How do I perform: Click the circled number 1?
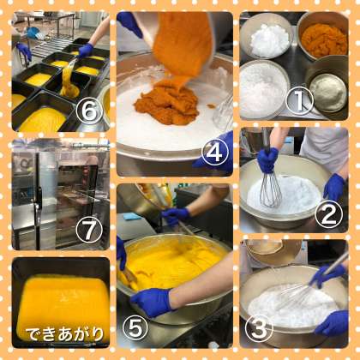[x=299, y=100]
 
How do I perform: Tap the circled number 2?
[x=328, y=215]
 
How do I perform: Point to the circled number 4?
[x=215, y=153]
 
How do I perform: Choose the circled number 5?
[x=135, y=327]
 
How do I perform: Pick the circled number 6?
[x=89, y=111]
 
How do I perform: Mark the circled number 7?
[x=89, y=231]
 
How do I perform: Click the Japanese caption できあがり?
[x=64, y=333]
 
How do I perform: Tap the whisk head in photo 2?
[x=271, y=190]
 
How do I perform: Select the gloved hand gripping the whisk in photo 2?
[x=267, y=160]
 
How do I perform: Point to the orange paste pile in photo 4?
[x=167, y=101]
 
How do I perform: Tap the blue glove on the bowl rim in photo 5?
[x=151, y=302]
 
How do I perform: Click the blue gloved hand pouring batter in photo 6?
[x=86, y=51]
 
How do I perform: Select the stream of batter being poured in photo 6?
[x=68, y=79]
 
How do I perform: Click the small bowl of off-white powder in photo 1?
[x=327, y=91]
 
